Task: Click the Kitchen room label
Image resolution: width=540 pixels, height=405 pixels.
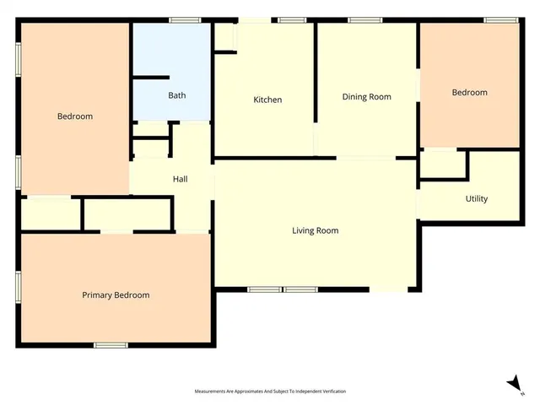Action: tap(267, 100)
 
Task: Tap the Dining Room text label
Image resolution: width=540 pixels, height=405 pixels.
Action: tap(366, 96)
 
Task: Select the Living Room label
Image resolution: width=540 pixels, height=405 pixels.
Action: tap(315, 230)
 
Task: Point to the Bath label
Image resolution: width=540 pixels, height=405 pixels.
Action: tap(176, 95)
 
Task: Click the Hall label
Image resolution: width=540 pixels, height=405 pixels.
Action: tap(180, 179)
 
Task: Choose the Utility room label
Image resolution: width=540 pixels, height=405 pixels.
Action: tap(476, 199)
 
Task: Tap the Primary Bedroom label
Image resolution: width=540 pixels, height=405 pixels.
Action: tap(116, 295)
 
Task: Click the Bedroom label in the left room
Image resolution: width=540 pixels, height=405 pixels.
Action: tap(75, 116)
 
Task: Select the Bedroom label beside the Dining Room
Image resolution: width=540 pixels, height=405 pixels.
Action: tap(469, 93)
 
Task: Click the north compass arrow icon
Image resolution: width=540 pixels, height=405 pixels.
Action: tap(512, 383)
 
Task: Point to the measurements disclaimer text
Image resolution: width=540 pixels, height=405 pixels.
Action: tap(270, 391)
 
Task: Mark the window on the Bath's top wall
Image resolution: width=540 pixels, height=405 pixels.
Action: tap(183, 20)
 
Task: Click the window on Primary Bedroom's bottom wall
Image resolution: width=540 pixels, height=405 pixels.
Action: tap(111, 344)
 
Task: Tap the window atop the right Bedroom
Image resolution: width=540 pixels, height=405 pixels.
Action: tap(501, 20)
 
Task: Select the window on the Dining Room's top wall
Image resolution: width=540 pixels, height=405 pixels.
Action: tap(364, 20)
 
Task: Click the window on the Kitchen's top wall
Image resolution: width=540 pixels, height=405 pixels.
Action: tap(292, 20)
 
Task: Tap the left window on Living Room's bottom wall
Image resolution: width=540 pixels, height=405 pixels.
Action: tap(264, 289)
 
